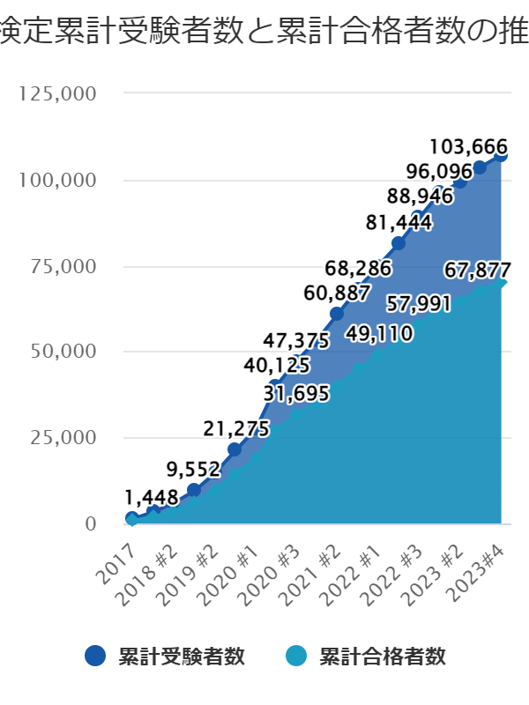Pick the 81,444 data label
point(399,223)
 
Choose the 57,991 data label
point(420,304)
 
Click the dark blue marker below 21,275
point(235,449)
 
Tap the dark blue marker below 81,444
point(398,243)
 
